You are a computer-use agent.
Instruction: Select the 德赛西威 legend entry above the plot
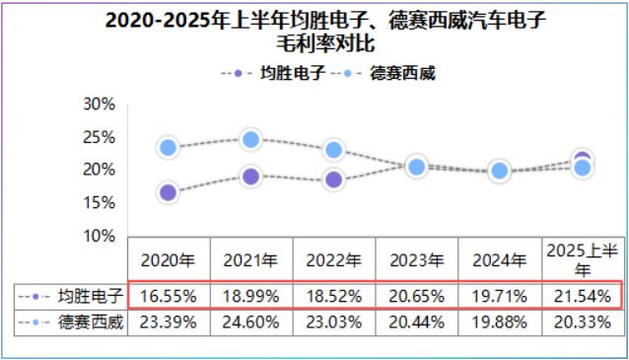[388, 74]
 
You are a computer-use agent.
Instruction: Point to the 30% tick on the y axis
[99, 105]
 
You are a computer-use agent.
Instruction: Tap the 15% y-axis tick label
[99, 202]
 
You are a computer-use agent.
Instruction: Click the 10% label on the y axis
[99, 236]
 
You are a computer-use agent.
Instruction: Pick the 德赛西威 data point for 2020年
[168, 147]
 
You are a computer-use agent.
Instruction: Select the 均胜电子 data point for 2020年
[168, 192]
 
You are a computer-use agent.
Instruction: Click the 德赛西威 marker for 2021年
[250, 139]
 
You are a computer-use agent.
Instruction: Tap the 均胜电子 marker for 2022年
[333, 180]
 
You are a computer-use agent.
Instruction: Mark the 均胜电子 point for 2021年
[250, 177]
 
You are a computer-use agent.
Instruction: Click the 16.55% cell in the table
[169, 296]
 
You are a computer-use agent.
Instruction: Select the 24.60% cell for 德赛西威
[250, 322]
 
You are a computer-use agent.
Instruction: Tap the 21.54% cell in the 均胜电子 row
[582, 296]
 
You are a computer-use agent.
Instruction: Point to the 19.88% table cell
[499, 322]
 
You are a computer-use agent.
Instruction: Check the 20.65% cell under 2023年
[416, 296]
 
